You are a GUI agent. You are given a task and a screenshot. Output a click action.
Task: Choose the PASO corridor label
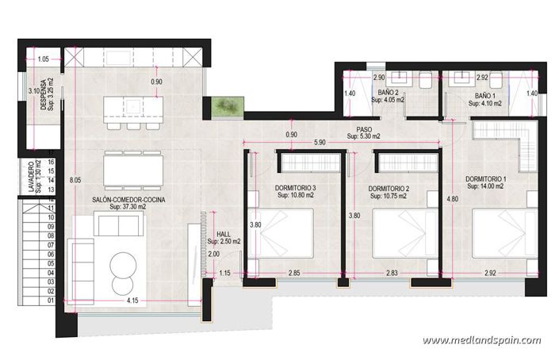point(364,131)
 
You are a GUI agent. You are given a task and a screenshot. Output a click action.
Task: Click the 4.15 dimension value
point(133,301)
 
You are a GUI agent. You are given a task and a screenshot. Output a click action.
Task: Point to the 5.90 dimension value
point(320,143)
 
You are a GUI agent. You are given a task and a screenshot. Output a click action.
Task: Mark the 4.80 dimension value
point(452,198)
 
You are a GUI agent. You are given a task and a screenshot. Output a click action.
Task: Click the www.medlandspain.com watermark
point(482,340)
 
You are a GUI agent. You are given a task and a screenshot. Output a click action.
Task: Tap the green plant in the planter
point(224,105)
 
